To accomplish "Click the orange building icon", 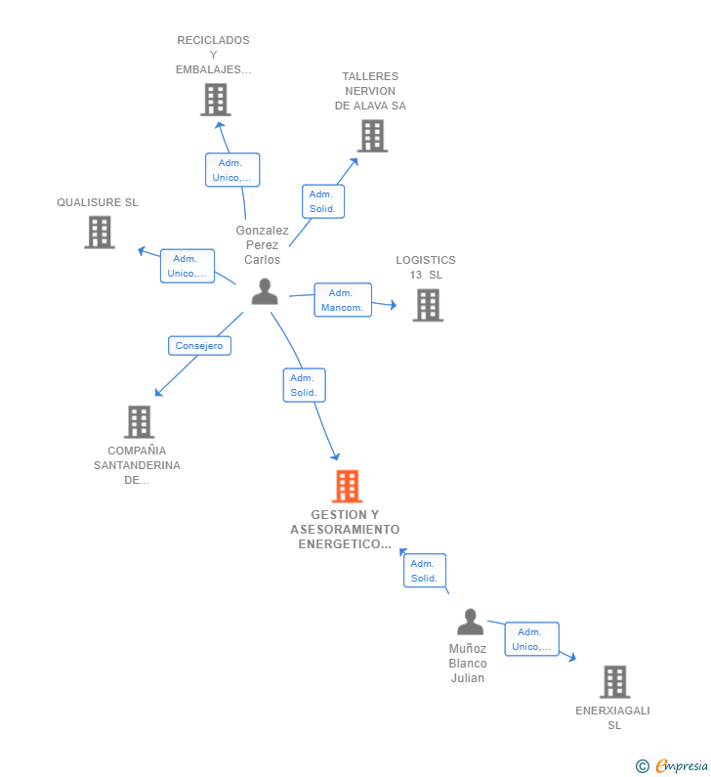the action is coord(347,486).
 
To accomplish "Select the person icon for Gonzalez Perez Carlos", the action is coord(265,291).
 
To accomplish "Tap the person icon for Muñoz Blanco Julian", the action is coord(470,622).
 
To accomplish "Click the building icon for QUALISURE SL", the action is coord(100,232).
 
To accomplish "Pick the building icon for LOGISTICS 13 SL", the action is coord(428,305).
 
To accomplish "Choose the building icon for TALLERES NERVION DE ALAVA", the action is coord(372,136).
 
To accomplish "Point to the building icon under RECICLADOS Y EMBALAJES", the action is coord(216,100).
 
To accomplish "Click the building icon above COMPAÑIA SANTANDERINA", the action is coord(139,422).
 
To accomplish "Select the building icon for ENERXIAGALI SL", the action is coord(615,682).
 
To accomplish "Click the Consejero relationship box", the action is coord(199,345).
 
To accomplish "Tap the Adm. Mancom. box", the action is coord(343,300).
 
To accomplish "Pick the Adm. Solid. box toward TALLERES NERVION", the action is coord(323,201).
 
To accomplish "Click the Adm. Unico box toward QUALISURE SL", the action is coord(188,266).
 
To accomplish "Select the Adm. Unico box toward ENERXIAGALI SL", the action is coord(531,639).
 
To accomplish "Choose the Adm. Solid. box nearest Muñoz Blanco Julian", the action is coord(425,571).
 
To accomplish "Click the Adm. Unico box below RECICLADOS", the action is coord(232,170).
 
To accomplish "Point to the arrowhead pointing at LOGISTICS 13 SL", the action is coord(394,305).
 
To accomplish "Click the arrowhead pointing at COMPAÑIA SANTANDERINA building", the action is coord(159,392).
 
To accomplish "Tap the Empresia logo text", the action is coord(682,765).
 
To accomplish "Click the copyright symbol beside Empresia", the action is coord(643,766).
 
